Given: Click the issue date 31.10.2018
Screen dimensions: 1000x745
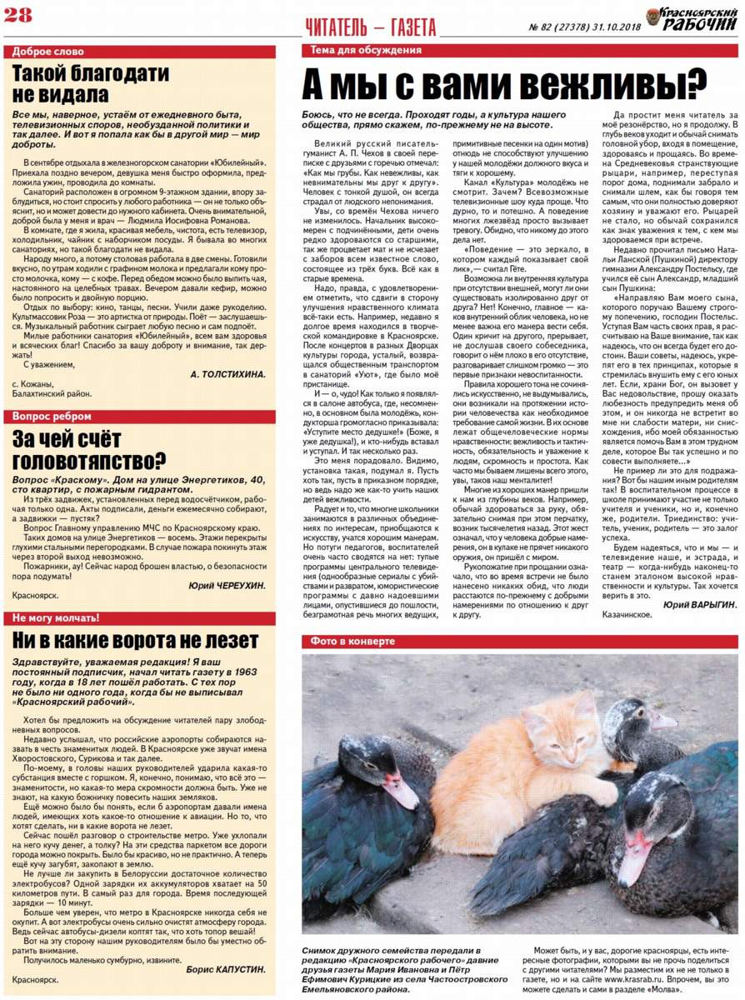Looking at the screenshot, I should pyautogui.click(x=609, y=27).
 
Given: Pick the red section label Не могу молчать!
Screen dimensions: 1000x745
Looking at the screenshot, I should pyautogui.click(x=56, y=617).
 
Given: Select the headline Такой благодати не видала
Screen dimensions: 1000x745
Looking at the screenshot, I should pyautogui.click(x=92, y=83).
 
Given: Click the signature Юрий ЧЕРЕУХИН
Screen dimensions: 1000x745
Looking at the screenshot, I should pyautogui.click(x=227, y=586).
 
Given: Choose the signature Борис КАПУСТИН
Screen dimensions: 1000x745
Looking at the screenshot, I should pyautogui.click(x=227, y=969).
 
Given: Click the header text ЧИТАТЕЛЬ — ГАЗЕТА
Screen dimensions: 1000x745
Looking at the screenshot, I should pyautogui.click(x=371, y=28).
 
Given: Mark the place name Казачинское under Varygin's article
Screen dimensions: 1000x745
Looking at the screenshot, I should pyautogui.click(x=633, y=616).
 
